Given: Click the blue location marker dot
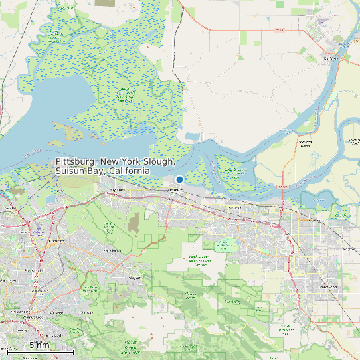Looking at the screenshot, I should click(x=179, y=179).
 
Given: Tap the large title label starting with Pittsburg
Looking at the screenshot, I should click(x=116, y=167).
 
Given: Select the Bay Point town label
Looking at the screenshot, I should click(x=117, y=190).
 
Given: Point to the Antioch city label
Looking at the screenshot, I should click(x=236, y=208).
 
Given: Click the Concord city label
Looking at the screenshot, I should click(x=56, y=240).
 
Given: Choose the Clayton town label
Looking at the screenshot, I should click(x=135, y=277).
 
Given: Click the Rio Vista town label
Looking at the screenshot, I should click(x=330, y=58).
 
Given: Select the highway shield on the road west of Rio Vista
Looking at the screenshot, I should click(x=280, y=30).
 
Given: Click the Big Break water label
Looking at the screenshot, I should click(x=317, y=198).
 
